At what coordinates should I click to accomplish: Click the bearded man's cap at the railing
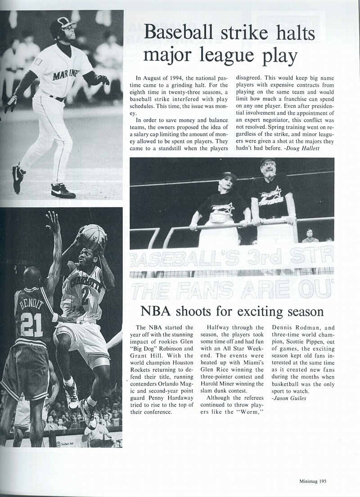[x=268, y=161]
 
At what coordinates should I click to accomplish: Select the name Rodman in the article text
[x=309, y=328]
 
